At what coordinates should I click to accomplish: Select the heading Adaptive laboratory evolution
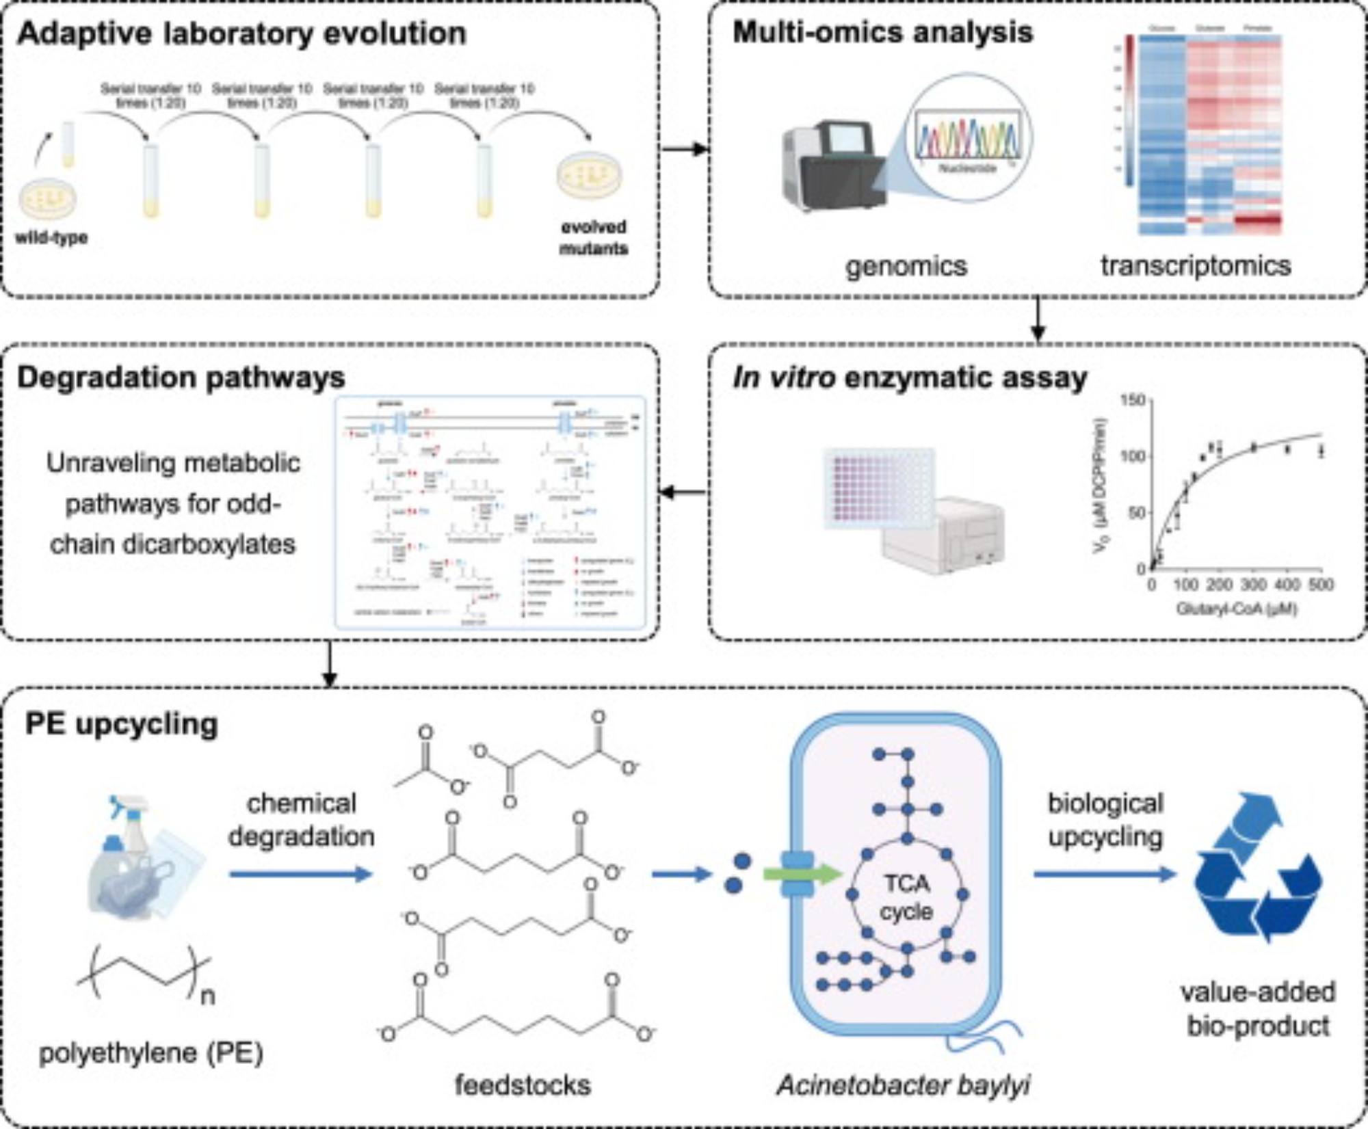(x=241, y=34)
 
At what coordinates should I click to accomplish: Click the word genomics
(x=906, y=266)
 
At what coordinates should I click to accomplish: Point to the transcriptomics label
(x=1196, y=265)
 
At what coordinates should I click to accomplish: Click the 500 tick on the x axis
(x=1321, y=585)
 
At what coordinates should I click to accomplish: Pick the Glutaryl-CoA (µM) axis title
(x=1236, y=608)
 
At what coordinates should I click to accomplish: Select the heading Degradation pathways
(x=181, y=378)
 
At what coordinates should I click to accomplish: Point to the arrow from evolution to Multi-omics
(x=684, y=148)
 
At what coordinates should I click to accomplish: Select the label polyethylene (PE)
(x=151, y=1053)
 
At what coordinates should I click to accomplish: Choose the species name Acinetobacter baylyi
(x=903, y=1085)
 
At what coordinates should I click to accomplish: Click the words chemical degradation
(x=302, y=819)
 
